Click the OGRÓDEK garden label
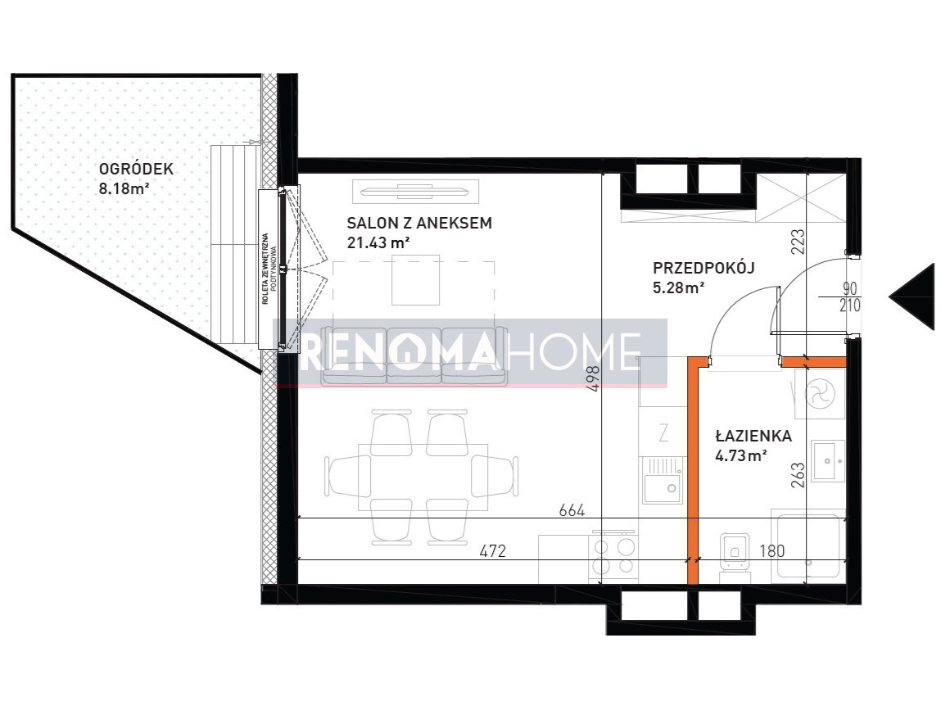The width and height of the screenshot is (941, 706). (136, 169)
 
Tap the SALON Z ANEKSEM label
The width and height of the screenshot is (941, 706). (418, 223)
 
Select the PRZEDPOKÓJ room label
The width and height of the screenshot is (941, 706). (703, 268)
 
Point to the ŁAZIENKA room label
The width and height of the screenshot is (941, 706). (753, 436)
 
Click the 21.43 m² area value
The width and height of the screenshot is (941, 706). (378, 242)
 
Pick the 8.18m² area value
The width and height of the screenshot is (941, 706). (124, 188)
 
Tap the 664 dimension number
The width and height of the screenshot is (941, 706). (572, 510)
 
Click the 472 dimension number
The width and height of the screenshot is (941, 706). (493, 550)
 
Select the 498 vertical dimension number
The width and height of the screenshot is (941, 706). (593, 379)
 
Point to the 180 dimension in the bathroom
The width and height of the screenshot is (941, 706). (771, 550)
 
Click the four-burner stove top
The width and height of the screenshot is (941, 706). (614, 556)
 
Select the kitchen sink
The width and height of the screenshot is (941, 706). (663, 480)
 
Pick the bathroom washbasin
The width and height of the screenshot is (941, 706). (828, 460)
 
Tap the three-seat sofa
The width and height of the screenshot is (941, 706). (414, 355)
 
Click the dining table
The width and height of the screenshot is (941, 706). (423, 477)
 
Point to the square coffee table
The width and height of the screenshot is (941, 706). (415, 280)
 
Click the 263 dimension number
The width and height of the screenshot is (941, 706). (798, 474)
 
